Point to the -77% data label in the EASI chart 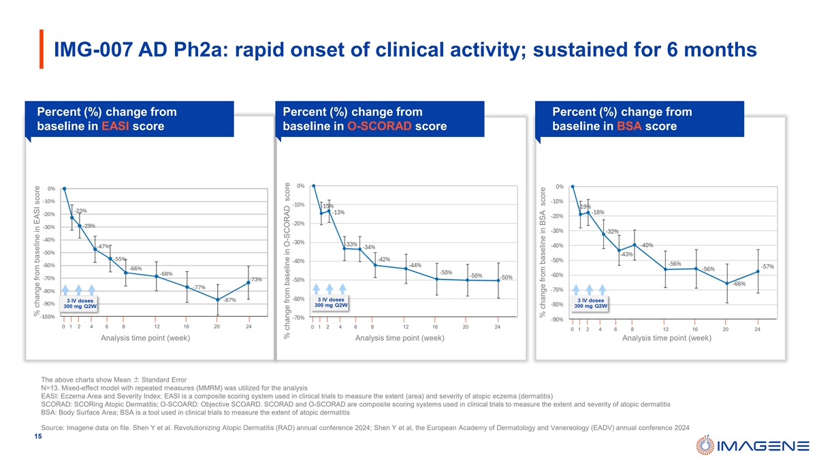[x=199, y=288]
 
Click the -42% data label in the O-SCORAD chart [x=383, y=259]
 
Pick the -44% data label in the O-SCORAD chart [x=415, y=265]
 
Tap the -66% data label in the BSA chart [x=739, y=284]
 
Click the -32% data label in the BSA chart [x=612, y=232]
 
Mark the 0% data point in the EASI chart [x=64, y=189]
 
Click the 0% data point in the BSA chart [x=573, y=187]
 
